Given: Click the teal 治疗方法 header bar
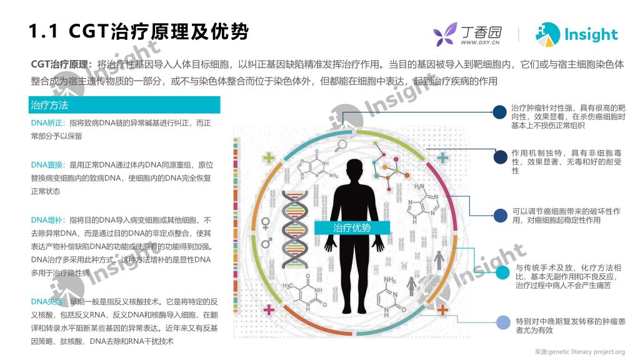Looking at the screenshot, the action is point(124,105).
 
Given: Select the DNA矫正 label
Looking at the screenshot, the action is point(47,123).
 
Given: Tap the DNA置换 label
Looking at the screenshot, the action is point(47,165).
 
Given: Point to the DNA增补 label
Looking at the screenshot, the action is point(47,220).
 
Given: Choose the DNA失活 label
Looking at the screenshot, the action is point(47,302).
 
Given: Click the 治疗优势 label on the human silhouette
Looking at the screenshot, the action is point(352,227).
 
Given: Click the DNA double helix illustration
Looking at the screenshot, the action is point(294,229).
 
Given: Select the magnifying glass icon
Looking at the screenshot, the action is point(341,145).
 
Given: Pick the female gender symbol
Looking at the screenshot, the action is point(265,224).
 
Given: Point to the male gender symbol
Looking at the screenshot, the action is point(266,242).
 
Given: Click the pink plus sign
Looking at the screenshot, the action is point(269,310).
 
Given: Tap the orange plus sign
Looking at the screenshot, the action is point(442,310).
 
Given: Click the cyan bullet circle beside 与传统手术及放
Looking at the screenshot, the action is point(502,272).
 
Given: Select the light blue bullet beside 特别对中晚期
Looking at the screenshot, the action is point(503,322).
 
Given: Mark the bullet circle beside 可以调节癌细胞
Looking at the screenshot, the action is point(500,216).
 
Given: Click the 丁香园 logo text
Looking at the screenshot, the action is point(481,32).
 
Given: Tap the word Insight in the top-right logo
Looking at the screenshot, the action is point(591,35).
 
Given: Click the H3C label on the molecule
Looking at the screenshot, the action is point(287,286).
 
